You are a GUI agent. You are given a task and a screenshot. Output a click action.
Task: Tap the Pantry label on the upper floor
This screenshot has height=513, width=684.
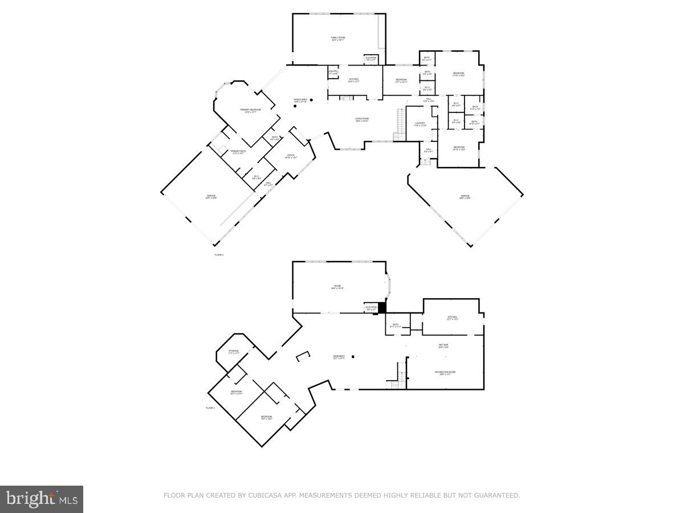coord(333,72)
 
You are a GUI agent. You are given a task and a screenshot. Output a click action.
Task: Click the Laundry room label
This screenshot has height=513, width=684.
coord(420,124)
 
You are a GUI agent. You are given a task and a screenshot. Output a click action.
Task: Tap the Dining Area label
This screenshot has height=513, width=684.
coord(301,100)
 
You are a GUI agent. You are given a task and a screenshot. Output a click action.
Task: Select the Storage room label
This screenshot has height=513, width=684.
coord(234,352)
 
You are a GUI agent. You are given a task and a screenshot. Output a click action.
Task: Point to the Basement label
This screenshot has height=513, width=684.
coord(339,357)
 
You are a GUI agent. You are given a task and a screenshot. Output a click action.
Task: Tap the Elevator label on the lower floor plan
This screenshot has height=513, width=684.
coord(372,308)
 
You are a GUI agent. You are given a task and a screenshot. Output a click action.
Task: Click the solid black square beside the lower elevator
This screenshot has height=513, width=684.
coord(382,307)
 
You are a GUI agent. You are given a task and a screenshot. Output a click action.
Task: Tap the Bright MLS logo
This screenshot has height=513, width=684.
coord(42,499)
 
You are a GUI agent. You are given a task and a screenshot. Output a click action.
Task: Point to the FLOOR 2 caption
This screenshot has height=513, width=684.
coord(219,255)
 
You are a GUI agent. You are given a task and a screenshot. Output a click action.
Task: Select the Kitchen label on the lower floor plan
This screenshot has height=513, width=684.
coord(452,317)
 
